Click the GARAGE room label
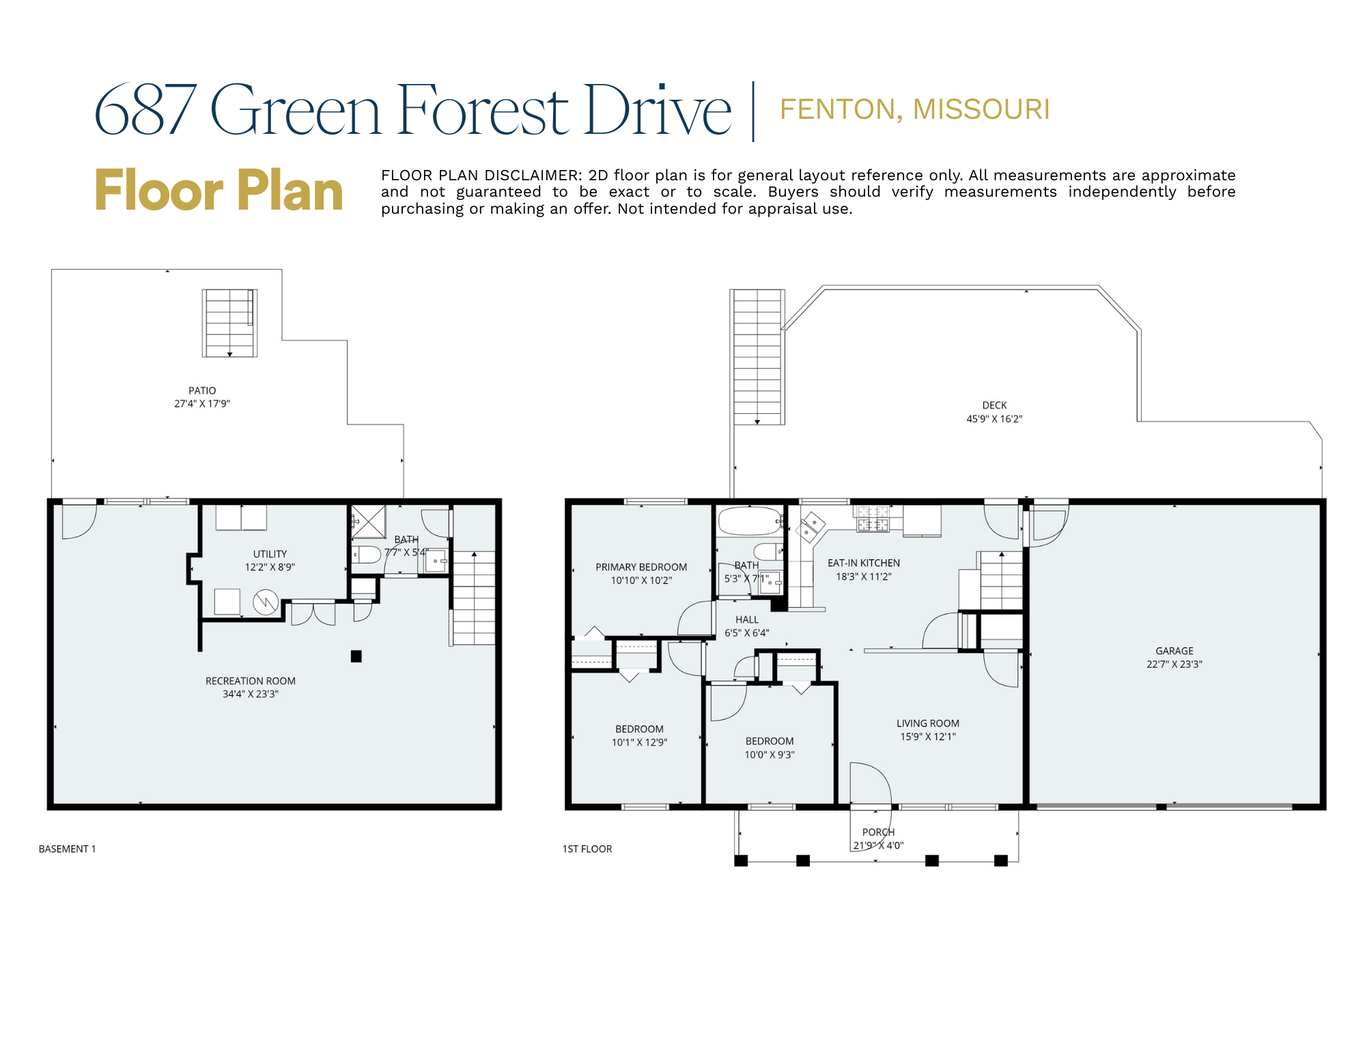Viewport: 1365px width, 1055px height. coord(1174,651)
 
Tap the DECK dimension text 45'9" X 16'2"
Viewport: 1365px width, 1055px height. coord(994,419)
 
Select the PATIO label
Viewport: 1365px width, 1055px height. coord(202,391)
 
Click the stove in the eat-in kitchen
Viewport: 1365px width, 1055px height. coord(873,518)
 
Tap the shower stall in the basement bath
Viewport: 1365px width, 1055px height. coord(369,522)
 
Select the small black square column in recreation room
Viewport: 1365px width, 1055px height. coord(356,656)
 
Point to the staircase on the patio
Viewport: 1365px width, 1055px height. coord(229,323)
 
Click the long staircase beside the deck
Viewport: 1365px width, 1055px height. coord(757,356)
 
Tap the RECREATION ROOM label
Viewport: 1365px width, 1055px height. coord(250,681)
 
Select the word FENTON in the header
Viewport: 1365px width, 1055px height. coord(836,109)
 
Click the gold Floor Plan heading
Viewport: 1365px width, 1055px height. coord(219,191)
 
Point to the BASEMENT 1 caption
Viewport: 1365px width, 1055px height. coord(67,849)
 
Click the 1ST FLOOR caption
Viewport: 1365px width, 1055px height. coord(587,849)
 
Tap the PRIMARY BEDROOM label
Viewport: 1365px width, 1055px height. coord(641,567)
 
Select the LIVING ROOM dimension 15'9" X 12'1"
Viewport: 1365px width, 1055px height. coord(927,737)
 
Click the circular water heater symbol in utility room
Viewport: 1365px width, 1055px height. coord(265,602)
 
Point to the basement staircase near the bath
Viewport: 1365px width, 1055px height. coord(473,598)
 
